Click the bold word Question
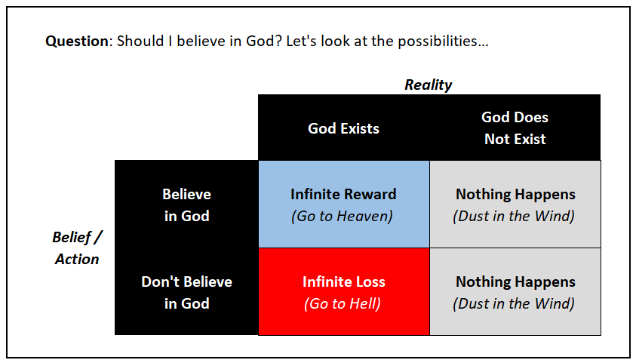point(77,42)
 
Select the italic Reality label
point(429,85)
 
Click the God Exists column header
point(343,128)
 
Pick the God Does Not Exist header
point(515,128)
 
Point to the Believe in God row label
point(186,205)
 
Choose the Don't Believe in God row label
point(186,292)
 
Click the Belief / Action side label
point(77,248)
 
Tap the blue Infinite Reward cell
point(344,204)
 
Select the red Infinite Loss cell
point(344,291)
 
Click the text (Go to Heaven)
point(342,216)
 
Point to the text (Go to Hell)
point(343,304)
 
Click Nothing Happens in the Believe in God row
point(515,195)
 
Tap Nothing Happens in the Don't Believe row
point(515,282)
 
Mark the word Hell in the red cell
point(366,304)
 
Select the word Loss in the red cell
point(369,282)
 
